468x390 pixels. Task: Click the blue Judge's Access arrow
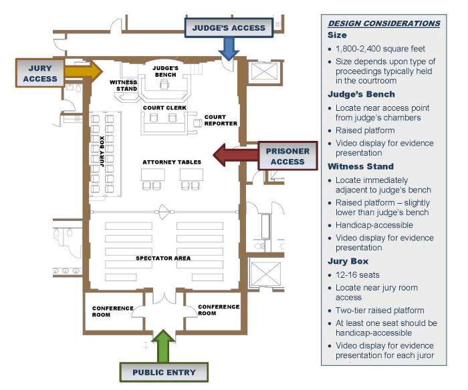point(229,47)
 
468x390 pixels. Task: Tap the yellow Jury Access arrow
point(84,69)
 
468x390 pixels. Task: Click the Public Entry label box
point(164,372)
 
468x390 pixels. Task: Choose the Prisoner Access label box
point(287,156)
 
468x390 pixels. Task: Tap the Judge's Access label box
point(229,27)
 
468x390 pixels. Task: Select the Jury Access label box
point(40,73)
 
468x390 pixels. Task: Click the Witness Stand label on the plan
point(124,85)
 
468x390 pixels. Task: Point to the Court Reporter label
point(220,120)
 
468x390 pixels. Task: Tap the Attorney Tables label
point(172,162)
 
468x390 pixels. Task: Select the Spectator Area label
point(163,258)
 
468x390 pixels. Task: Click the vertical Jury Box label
point(102,150)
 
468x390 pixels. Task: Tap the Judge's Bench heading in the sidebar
point(361,94)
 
